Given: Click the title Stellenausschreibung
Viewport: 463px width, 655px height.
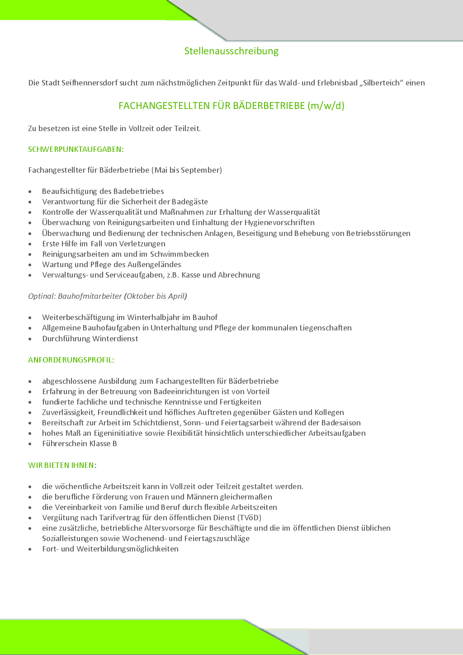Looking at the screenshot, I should click(231, 51).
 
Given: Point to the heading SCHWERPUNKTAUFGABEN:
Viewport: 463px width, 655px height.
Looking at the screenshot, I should click(76, 149).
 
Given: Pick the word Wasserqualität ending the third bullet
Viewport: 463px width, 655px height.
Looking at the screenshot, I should click(294, 212).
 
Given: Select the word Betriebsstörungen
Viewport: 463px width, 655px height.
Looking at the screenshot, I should click(378, 233).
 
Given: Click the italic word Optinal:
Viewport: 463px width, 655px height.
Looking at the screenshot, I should click(42, 296).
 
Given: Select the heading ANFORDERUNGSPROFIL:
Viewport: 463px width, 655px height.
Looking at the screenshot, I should click(71, 360).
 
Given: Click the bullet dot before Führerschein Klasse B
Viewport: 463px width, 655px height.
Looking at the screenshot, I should click(30, 444).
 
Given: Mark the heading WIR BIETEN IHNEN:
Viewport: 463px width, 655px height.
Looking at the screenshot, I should click(62, 465).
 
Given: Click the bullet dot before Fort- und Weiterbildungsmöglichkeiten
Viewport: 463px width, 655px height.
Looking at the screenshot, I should click(30, 549).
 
